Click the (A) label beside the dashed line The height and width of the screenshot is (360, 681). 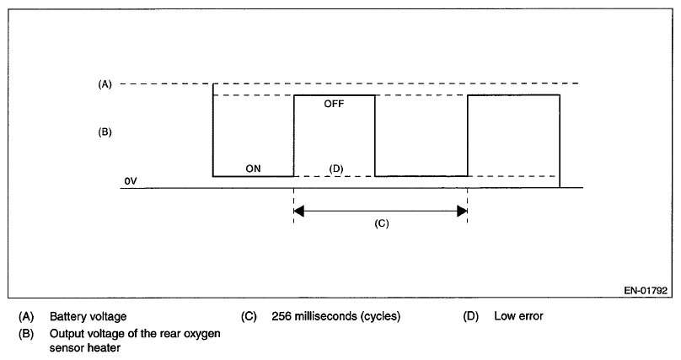[x=105, y=83]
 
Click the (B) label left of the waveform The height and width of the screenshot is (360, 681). [x=105, y=132]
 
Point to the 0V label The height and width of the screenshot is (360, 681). [x=129, y=180]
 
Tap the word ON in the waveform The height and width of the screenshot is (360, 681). [x=253, y=169]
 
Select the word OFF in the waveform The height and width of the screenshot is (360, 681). [x=335, y=105]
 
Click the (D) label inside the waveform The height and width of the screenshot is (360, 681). [x=335, y=169]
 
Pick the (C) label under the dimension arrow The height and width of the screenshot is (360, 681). [x=381, y=225]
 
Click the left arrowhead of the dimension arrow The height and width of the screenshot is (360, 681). [x=298, y=211]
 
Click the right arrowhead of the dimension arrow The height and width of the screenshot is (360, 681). [x=462, y=211]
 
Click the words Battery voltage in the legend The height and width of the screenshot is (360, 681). [x=88, y=317]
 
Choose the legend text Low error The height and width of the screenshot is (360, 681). [x=517, y=317]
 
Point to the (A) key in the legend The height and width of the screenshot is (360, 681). [x=27, y=317]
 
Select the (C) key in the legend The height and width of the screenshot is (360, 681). [x=249, y=317]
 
